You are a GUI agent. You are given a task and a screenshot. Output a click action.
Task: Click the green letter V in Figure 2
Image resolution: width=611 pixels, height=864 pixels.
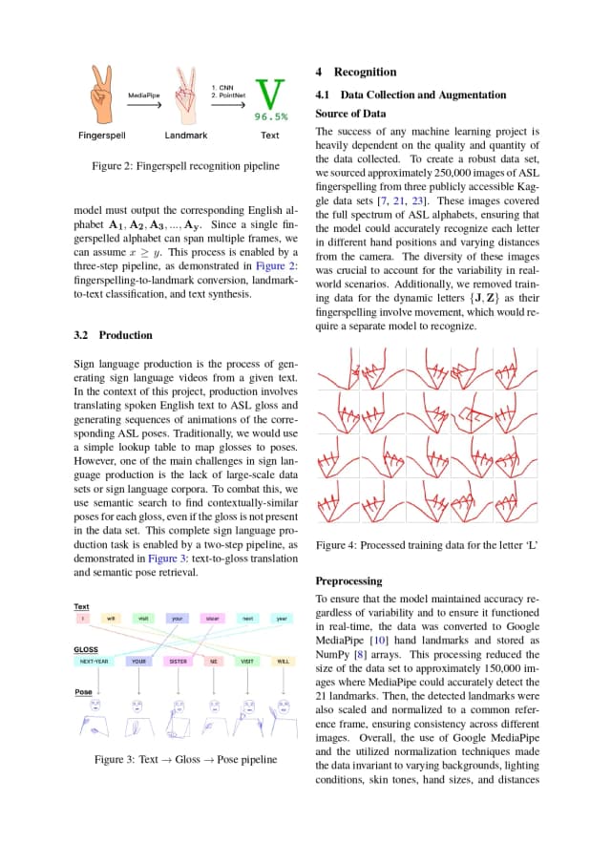271,94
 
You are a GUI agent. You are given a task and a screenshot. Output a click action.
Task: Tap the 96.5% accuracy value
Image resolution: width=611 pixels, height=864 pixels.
271,117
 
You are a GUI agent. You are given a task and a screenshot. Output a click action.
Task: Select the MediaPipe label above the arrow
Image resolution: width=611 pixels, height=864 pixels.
144,95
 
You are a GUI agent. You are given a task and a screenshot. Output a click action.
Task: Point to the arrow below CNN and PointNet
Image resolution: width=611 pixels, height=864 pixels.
227,106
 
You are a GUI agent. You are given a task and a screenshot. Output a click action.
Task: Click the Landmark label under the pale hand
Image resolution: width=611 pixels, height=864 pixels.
186,136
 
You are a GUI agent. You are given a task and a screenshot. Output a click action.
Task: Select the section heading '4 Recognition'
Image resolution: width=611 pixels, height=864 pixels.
355,72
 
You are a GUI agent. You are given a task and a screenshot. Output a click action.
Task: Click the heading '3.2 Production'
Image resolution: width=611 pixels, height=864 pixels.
112,335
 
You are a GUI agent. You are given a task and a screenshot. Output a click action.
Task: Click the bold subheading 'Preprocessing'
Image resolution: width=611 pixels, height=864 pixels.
348,580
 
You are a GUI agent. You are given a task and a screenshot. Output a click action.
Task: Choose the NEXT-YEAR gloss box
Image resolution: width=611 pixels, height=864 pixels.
94,661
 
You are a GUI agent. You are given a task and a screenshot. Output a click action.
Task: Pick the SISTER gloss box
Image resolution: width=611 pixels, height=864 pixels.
178,661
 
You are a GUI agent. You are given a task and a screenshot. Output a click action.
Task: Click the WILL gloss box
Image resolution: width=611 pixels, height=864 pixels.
283,661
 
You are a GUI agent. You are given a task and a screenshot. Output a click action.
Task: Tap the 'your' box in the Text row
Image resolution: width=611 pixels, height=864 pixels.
178,619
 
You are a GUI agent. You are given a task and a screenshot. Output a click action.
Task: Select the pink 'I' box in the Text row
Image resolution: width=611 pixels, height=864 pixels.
83,619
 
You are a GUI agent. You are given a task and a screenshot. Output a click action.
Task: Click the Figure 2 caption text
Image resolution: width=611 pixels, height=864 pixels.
185,166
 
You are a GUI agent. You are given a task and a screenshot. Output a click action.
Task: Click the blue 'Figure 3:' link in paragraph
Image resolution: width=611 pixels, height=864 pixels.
158,558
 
